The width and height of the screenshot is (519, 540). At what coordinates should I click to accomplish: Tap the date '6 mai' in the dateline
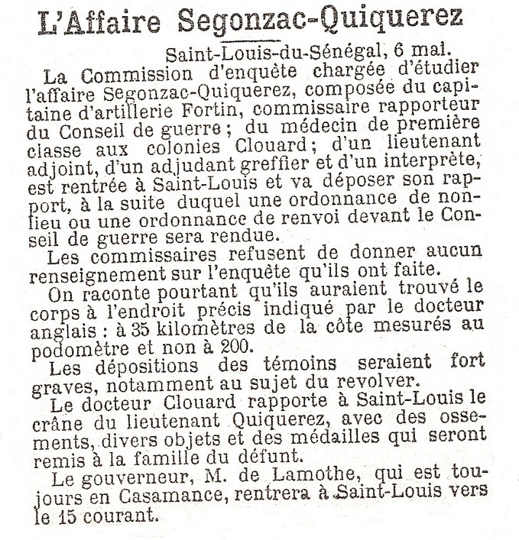click(419, 56)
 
